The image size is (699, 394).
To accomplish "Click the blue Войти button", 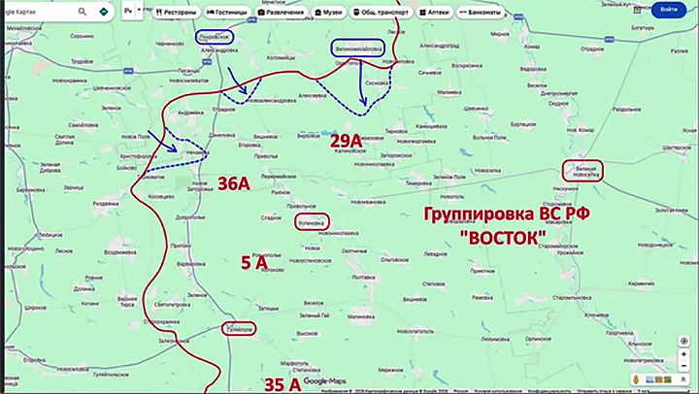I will coord(668,10).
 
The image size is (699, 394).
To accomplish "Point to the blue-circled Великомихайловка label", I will coord(357,47).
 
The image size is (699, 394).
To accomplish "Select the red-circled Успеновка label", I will coord(311,221).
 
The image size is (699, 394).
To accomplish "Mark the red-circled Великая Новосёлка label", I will coord(583,170).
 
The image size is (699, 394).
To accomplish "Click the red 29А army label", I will coord(346,143).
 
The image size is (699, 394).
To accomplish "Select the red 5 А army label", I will coord(253,262).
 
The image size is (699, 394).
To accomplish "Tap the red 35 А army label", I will coord(282,384).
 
